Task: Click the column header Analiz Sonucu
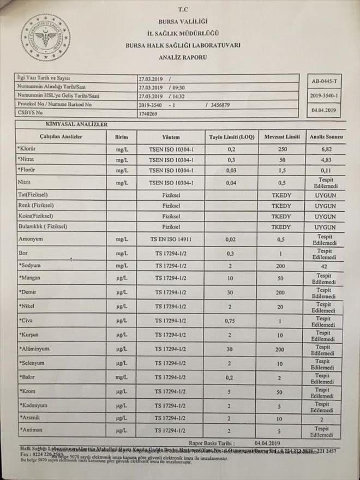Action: tap(324, 137)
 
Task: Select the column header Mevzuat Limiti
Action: tap(280, 137)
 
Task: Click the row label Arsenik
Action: tap(31, 417)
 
